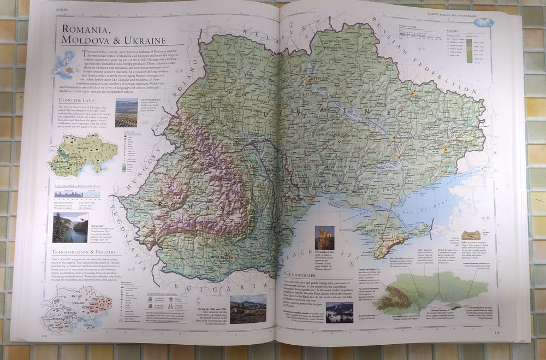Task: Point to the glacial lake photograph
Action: coord(70,227)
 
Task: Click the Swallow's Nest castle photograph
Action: coord(325,238)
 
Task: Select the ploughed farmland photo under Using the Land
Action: coord(127,113)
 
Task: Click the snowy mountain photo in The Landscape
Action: coord(339,312)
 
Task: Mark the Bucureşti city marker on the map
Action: coord(232,257)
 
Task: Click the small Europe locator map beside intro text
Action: coord(66,64)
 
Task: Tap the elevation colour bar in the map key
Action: coord(469,51)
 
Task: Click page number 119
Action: coord(496,332)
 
